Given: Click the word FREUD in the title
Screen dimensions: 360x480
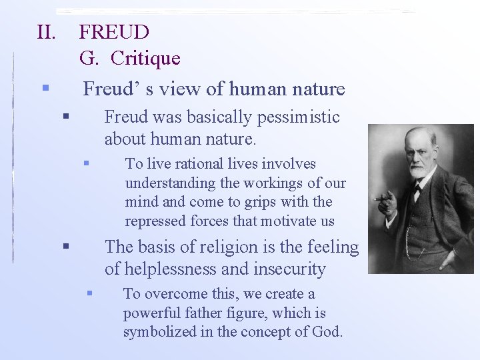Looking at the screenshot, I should (x=114, y=32).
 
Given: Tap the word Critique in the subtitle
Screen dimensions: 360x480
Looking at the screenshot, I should (x=145, y=59).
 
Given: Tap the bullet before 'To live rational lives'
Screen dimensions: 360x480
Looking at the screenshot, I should (x=86, y=163).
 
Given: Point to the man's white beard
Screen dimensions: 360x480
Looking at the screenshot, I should (x=419, y=171).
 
